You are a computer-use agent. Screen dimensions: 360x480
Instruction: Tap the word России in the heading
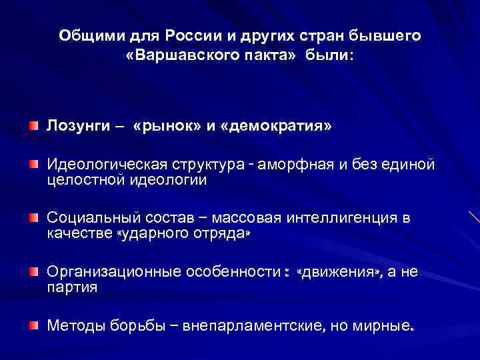point(205,35)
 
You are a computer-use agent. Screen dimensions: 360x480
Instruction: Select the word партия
point(71,288)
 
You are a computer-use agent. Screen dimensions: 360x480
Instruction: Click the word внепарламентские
point(255,325)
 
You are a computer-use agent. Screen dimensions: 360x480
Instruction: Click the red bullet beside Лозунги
point(33,125)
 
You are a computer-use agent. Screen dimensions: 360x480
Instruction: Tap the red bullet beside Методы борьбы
point(33,325)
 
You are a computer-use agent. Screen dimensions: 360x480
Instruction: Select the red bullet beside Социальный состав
point(33,217)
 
